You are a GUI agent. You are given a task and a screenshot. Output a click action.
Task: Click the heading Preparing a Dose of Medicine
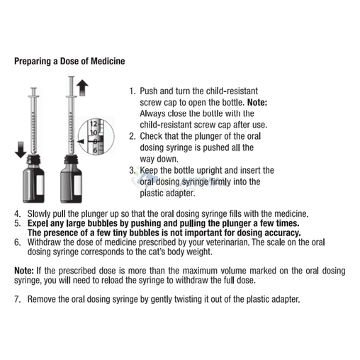69,61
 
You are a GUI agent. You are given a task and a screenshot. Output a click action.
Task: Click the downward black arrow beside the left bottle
21,150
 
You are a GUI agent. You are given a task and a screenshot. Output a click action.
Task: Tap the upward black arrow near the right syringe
82,88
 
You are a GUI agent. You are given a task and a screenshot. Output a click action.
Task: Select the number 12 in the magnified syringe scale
94,124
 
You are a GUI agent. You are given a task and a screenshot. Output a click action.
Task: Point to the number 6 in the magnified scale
95,150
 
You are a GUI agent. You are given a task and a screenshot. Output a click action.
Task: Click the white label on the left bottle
40,185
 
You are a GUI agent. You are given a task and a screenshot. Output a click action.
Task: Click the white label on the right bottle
78,185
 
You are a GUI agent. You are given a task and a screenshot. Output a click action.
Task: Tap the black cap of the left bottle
33,160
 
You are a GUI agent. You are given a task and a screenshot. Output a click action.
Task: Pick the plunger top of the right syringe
71,77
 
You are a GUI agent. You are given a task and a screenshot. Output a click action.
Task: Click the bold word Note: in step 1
257,103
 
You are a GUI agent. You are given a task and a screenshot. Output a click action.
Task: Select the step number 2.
132,136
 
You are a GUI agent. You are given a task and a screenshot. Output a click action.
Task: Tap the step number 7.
17,299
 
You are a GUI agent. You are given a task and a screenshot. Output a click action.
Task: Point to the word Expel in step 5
38,223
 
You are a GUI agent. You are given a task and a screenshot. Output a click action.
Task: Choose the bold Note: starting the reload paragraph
24,271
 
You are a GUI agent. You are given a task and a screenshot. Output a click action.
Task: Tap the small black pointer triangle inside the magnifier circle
81,142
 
